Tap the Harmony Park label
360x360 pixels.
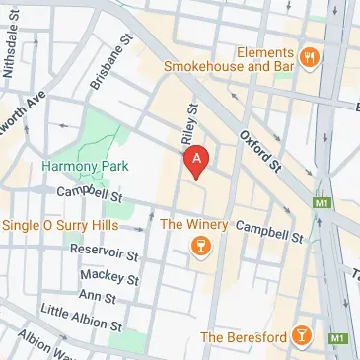pyautogui.click(x=75, y=167)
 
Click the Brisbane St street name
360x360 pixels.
pyautogui.click(x=111, y=64)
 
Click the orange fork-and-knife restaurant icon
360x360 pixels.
pyautogui.click(x=309, y=55)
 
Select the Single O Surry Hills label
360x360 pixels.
pyautogui.click(x=65, y=224)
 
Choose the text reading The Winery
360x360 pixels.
pyautogui.click(x=194, y=224)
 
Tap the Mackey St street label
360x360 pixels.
pyautogui.click(x=109, y=275)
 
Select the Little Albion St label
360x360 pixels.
pyautogui.click(x=81, y=319)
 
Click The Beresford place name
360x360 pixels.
pyautogui.click(x=243, y=337)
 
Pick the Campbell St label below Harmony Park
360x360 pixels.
pyautogui.click(x=89, y=195)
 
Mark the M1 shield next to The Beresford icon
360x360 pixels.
pyautogui.click(x=339, y=338)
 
